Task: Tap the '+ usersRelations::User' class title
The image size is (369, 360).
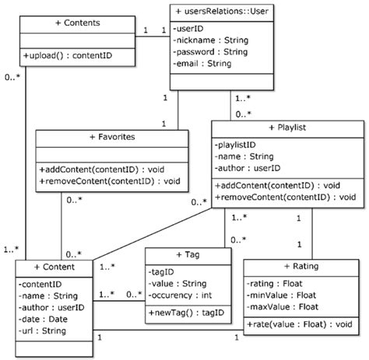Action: pyautogui.click(x=223, y=12)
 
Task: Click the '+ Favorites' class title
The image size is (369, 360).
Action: pyautogui.click(x=112, y=136)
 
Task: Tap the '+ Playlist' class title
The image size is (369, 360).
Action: pyautogui.click(x=286, y=128)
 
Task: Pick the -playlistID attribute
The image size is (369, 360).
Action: pyautogui.click(x=237, y=145)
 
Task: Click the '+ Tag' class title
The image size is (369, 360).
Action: pyautogui.click(x=188, y=255)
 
